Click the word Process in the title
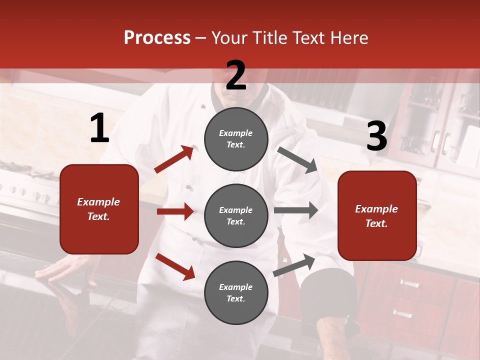tap(157, 38)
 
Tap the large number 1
tap(99, 129)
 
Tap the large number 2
tap(236, 75)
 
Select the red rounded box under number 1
tap(99, 209)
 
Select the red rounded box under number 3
tap(377, 215)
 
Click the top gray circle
tap(236, 138)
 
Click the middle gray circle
tap(236, 215)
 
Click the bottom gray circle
tap(236, 292)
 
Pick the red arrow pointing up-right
tap(174, 159)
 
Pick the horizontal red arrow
tap(175, 211)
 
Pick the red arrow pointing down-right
tap(175, 266)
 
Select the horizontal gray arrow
tap(296, 210)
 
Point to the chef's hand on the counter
tap(55, 270)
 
